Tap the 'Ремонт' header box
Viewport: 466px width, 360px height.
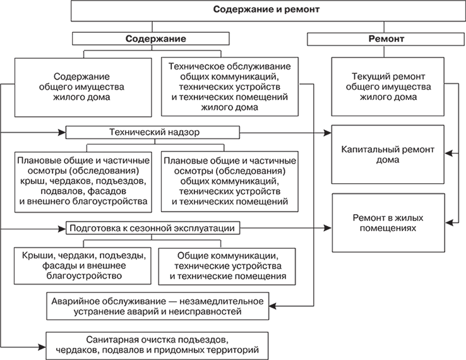386,39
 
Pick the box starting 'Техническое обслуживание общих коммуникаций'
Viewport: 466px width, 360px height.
230,87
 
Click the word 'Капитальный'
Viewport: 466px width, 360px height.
366,151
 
